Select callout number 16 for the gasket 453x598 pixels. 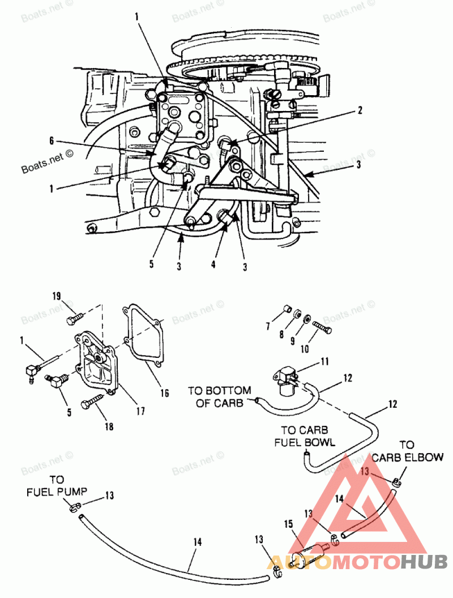coord(164,392)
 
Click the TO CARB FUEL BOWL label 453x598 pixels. coord(305,435)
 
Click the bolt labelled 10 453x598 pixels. coord(322,327)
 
